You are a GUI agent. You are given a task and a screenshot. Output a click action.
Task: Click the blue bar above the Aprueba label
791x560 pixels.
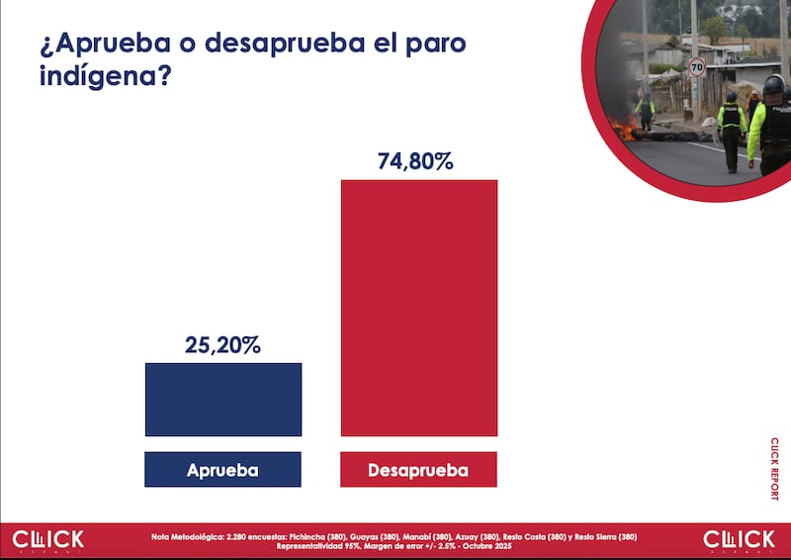pyautogui.click(x=222, y=399)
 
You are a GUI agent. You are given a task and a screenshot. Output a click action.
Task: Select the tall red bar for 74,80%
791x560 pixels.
pyautogui.click(x=419, y=307)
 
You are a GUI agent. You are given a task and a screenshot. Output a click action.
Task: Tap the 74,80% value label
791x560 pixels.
pyautogui.click(x=415, y=161)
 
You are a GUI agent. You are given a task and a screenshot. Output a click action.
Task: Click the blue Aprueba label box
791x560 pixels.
pyautogui.click(x=222, y=470)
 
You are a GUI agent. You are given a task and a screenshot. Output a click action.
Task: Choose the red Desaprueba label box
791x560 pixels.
pyautogui.click(x=418, y=470)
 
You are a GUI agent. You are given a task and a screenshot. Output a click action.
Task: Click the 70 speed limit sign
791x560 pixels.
pyautogui.click(x=697, y=67)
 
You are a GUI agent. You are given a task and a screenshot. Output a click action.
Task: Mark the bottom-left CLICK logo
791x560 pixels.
pyautogui.click(x=48, y=540)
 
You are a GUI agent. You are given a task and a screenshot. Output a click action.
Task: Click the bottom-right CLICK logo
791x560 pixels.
pyautogui.click(x=740, y=540)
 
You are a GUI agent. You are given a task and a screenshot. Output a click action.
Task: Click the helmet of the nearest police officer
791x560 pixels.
pyautogui.click(x=773, y=86)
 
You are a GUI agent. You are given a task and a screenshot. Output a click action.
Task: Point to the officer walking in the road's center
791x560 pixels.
pyautogui.click(x=731, y=129)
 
